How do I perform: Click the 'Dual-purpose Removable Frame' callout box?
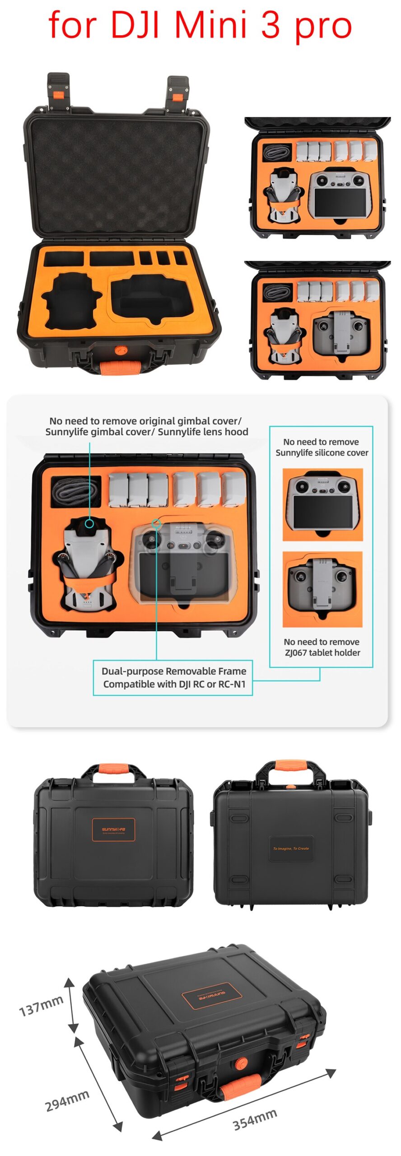click(x=173, y=677)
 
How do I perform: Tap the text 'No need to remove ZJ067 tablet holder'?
click(x=322, y=647)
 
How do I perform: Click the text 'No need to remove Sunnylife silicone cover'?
click(x=322, y=447)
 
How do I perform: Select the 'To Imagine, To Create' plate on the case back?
click(x=291, y=848)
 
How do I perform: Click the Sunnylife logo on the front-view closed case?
click(x=113, y=830)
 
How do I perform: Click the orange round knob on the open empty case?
click(x=121, y=350)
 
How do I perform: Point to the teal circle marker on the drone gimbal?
click(x=89, y=523)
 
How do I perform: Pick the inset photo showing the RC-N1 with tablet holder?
click(x=322, y=588)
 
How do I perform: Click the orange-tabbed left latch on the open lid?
click(x=59, y=93)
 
